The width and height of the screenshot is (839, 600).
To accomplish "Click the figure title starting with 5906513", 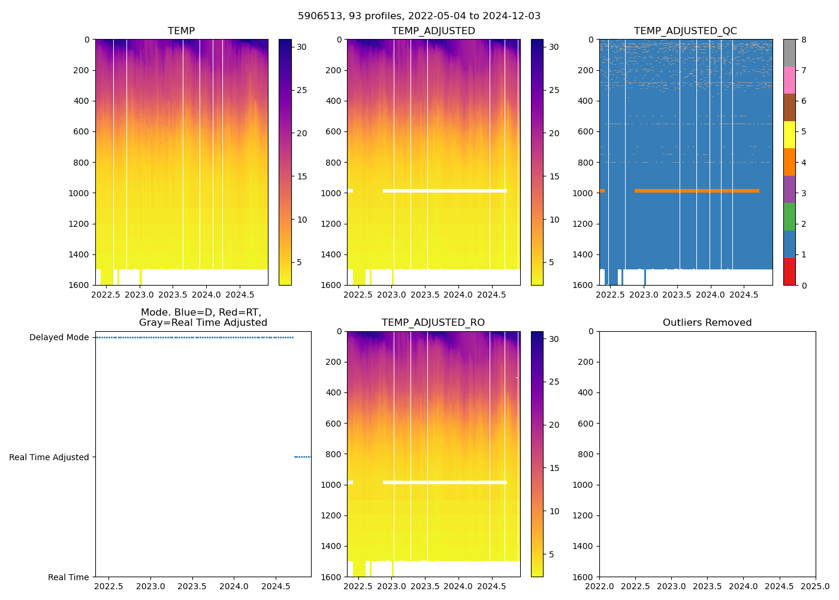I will click(x=419, y=16).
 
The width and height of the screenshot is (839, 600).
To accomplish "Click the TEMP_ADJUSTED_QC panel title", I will click(x=685, y=31).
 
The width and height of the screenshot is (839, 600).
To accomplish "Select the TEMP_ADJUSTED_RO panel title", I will click(x=433, y=323).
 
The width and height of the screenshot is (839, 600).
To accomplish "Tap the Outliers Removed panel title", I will click(x=707, y=323).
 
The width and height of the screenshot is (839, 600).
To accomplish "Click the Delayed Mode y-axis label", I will click(x=59, y=337).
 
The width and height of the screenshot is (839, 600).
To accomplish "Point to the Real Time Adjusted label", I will click(x=49, y=457).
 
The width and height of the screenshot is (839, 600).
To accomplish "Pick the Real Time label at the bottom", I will click(x=68, y=577).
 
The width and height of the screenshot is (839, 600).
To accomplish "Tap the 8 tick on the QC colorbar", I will click(x=804, y=40).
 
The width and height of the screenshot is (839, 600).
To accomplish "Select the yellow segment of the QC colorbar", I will click(x=789, y=134).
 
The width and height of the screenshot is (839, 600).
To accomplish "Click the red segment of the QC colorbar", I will click(x=789, y=271).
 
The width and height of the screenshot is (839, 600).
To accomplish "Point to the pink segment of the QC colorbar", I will click(x=789, y=80).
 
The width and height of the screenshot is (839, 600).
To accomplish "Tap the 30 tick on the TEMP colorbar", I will click(x=302, y=47).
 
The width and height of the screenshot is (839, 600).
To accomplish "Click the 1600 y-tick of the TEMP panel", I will click(x=80, y=285).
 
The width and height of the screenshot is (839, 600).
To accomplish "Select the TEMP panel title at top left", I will click(x=181, y=31).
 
